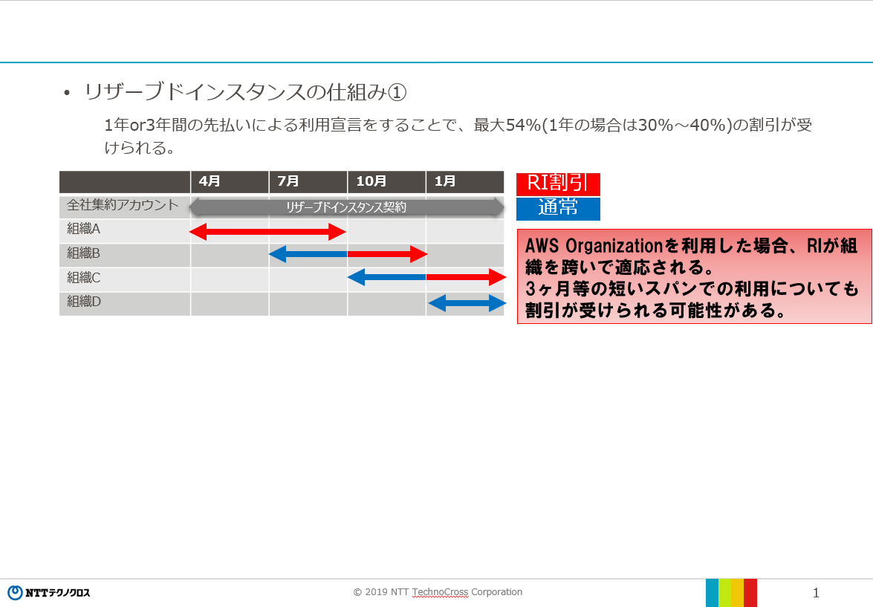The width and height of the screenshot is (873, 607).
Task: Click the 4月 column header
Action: tap(210, 181)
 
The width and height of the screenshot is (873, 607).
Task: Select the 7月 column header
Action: tap(288, 181)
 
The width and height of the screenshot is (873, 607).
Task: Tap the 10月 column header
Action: tap(371, 181)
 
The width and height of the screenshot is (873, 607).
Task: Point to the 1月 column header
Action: tap(445, 181)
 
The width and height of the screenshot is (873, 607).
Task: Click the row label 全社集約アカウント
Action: tap(123, 205)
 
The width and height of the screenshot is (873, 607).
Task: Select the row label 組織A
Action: tap(83, 229)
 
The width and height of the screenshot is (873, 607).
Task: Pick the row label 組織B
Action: tap(83, 253)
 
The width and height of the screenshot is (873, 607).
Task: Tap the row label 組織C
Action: tap(83, 277)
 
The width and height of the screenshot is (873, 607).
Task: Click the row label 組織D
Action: tap(83, 302)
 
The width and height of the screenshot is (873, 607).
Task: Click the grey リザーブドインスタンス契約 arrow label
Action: tap(346, 207)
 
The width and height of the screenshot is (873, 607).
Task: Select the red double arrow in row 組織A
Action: tap(267, 232)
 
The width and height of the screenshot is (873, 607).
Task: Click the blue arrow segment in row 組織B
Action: tap(308, 254)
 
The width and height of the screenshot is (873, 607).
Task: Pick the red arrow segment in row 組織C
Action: tap(466, 277)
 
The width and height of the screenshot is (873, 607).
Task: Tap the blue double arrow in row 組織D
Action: tap(467, 303)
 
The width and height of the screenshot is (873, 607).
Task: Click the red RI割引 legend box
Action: tap(558, 184)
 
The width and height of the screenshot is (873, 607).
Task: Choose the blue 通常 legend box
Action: tap(558, 209)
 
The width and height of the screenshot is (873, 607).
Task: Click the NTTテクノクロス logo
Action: tap(48, 593)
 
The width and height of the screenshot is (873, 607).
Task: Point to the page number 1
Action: tap(816, 593)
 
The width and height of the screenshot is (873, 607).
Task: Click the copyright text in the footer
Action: tap(438, 592)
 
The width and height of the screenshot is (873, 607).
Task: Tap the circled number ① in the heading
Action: tap(397, 92)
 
